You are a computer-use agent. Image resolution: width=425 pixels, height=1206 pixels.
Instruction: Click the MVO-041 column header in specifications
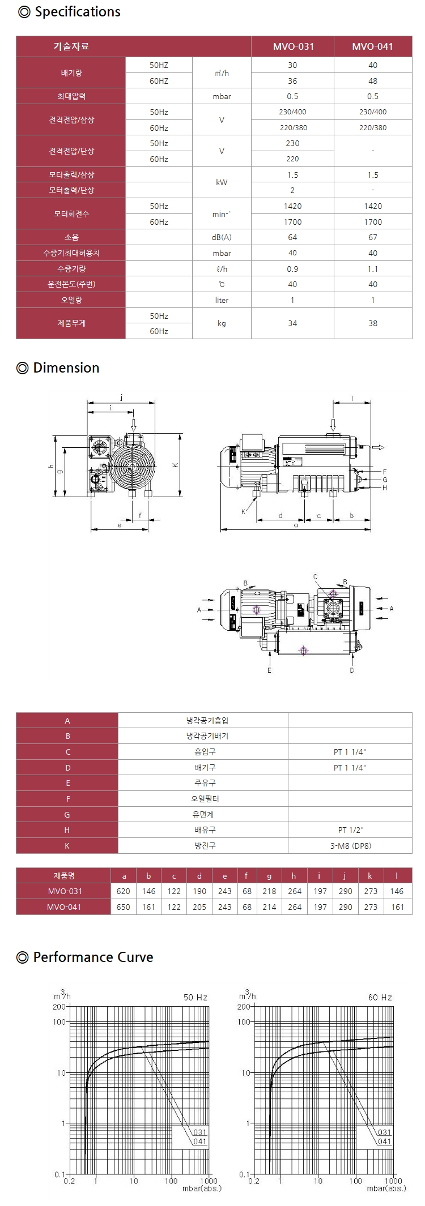[372, 46]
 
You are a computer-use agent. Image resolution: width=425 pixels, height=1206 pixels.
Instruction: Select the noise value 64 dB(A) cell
[292, 237]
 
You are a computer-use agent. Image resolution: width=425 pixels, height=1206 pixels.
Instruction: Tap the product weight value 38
[372, 323]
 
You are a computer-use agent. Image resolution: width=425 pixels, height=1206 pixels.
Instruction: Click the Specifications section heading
[70, 12]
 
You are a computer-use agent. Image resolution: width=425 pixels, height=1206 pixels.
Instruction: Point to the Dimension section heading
[58, 367]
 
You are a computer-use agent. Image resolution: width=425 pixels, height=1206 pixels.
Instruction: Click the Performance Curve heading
[86, 957]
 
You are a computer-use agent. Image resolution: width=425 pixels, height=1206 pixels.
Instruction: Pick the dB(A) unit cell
[222, 237]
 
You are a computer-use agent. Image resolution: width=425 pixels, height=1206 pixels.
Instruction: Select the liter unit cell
[222, 300]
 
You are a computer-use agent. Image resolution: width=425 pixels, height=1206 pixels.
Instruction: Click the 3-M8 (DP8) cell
[350, 845]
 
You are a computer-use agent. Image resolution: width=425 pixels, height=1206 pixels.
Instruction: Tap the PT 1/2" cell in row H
[350, 829]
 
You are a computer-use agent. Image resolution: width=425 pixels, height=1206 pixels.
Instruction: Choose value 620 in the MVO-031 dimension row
[123, 891]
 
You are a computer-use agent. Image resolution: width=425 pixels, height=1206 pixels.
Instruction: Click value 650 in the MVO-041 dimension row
[123, 906]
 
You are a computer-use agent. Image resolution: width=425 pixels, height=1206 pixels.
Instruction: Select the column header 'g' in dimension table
[269, 875]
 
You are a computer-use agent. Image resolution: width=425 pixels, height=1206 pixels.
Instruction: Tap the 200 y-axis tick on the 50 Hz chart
[59, 1006]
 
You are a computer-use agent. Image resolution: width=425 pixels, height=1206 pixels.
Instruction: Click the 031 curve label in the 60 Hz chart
[385, 1132]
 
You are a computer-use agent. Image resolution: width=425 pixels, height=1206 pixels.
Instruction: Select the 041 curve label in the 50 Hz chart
[200, 1141]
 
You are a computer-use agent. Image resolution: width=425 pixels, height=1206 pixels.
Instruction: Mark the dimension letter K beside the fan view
[176, 465]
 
